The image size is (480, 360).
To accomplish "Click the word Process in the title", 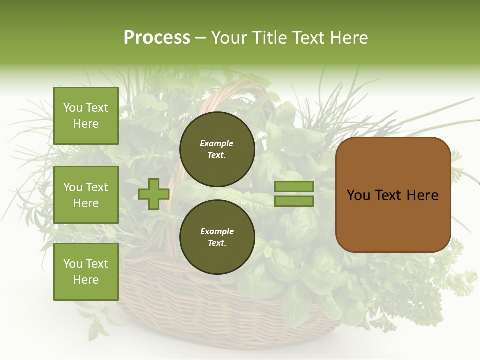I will coord(157,37).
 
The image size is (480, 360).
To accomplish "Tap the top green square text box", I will coord(86,116).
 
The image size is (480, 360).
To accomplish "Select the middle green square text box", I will coord(86,195).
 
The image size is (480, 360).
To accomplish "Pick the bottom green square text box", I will coord(86,272).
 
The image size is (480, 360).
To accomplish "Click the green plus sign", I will coord(154,194).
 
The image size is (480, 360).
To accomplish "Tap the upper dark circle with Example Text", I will coord(217,149).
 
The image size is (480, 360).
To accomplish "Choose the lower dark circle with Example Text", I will coord(217,237).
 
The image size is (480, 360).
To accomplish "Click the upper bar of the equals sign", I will coord(294,186).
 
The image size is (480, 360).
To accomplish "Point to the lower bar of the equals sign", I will coord(294,201).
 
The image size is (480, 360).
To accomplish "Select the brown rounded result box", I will coord(393,195).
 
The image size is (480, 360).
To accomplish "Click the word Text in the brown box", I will coord(392,195).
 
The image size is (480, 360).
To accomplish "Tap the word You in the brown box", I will coord(358,195).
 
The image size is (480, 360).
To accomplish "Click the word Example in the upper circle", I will coord(217,144).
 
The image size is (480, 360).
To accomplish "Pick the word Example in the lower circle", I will coord(217,232).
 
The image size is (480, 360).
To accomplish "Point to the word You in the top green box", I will coord(72,108).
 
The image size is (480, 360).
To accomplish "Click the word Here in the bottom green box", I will coord(86,280).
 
